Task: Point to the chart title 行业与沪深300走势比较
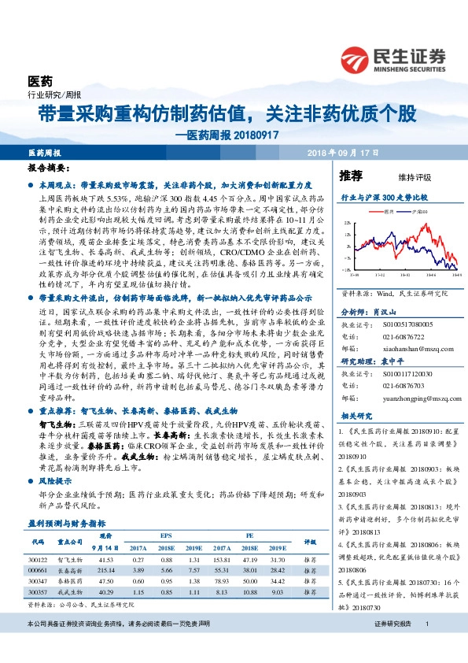[384, 196]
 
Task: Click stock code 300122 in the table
[37, 559]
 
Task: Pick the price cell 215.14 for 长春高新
[107, 570]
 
